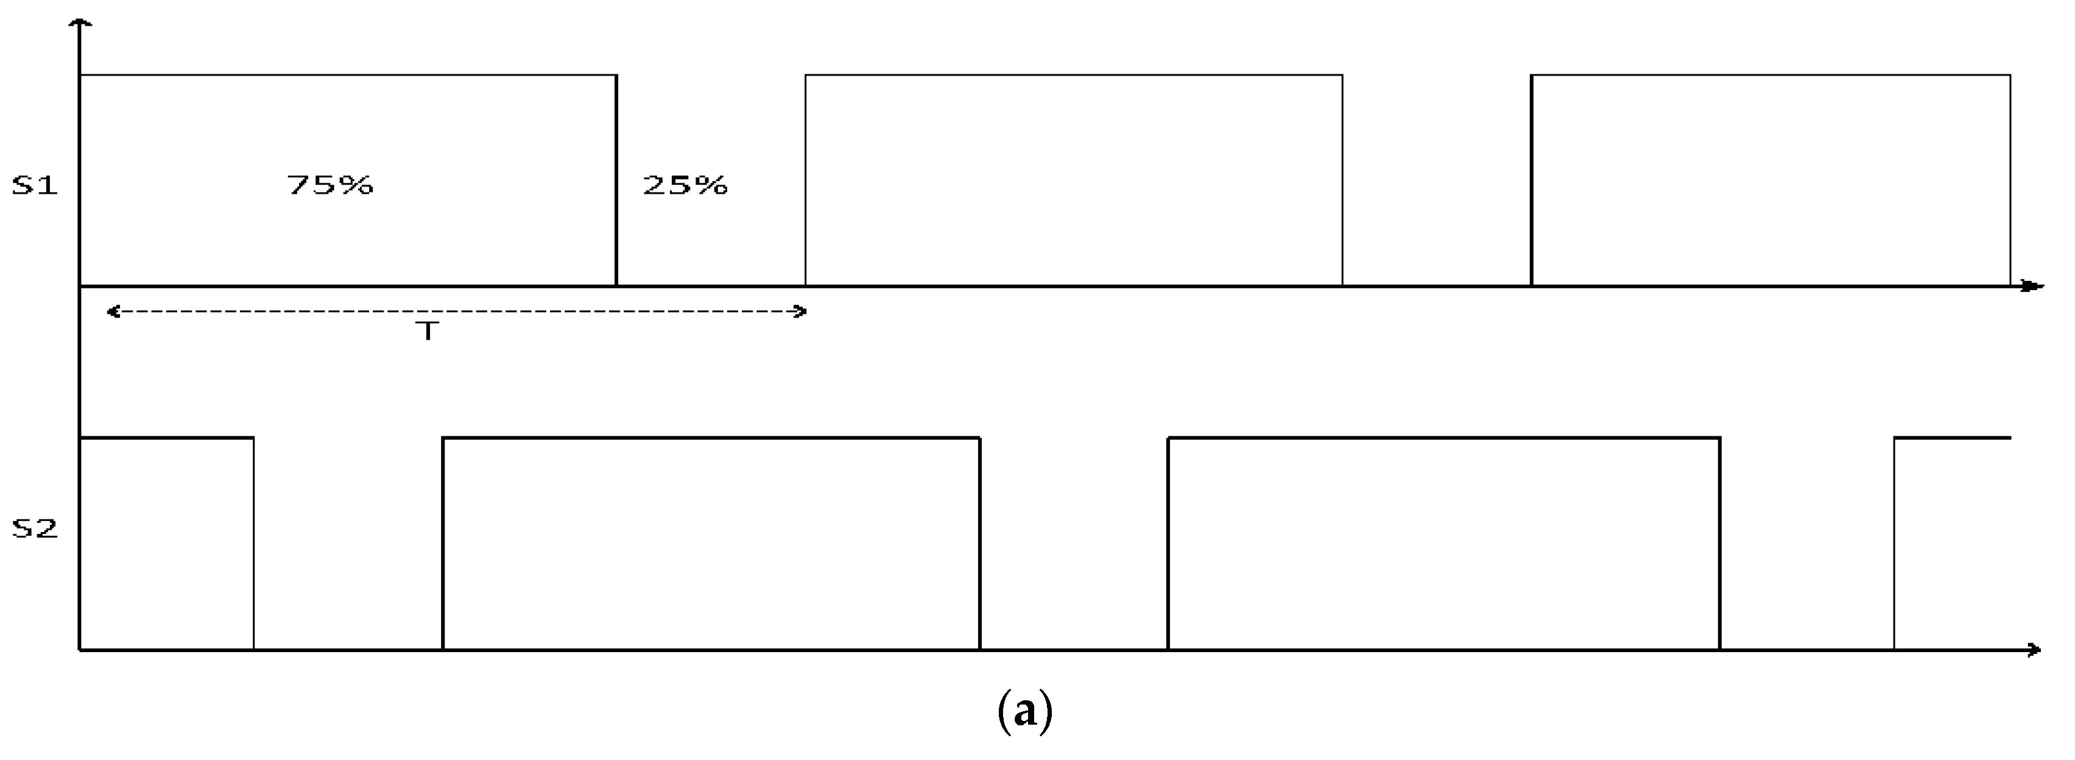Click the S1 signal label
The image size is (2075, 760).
click(x=35, y=186)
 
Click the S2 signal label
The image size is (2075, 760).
click(x=35, y=530)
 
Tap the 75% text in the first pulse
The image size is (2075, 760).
click(x=330, y=186)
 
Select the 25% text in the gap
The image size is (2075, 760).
click(x=685, y=186)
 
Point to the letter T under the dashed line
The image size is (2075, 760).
click(x=429, y=331)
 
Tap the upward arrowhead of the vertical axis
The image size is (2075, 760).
click(x=80, y=24)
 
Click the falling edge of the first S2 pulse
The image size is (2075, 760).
click(x=254, y=544)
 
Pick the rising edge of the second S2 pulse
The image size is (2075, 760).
click(x=443, y=544)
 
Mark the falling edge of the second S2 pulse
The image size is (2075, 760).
click(x=981, y=544)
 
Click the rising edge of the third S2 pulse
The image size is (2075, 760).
click(x=1169, y=544)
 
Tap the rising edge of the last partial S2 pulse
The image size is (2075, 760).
click(x=1894, y=544)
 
